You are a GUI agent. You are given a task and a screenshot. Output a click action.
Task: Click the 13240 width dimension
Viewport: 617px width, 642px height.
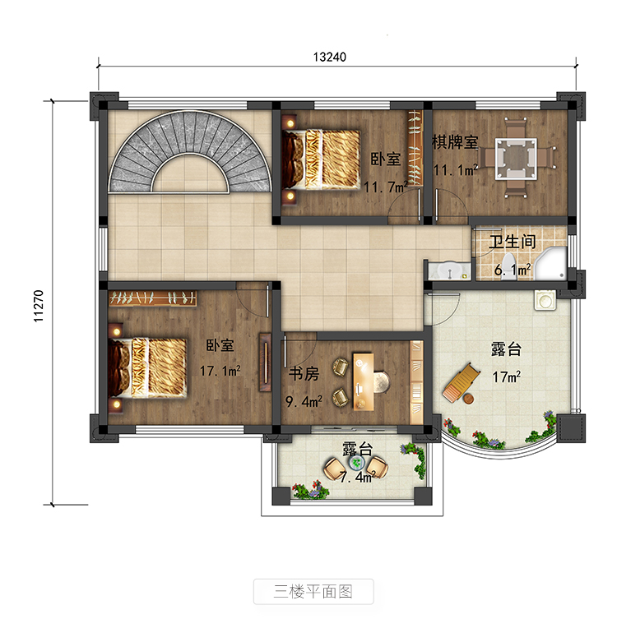click(329, 57)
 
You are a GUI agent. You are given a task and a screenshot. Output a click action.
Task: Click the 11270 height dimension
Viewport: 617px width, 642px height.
click(39, 306)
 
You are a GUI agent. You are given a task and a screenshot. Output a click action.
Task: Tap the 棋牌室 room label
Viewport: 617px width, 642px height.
click(455, 142)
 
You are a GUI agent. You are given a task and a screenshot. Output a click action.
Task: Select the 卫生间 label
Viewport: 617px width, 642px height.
click(513, 242)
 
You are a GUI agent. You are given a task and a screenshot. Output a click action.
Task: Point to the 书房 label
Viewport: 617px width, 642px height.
click(304, 374)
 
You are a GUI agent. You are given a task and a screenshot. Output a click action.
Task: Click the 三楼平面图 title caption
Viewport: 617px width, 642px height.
click(313, 592)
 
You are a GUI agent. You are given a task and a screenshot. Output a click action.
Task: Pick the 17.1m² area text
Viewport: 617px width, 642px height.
click(220, 371)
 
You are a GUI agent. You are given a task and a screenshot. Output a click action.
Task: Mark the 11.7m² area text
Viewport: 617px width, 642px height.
click(386, 187)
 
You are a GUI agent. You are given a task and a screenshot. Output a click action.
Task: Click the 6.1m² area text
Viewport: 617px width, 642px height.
click(513, 270)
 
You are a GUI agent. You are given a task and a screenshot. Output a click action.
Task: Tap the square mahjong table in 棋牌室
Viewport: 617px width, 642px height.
click(516, 159)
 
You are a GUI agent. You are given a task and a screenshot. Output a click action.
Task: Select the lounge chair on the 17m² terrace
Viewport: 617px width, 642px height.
click(462, 382)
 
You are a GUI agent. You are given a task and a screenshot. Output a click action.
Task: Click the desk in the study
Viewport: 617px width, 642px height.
click(364, 381)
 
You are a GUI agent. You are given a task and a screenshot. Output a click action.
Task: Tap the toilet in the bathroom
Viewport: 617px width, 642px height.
click(508, 267)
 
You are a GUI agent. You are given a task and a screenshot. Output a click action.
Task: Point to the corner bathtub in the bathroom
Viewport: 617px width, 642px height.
click(551, 264)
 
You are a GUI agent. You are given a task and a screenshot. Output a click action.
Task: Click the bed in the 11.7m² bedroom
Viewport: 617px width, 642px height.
click(321, 159)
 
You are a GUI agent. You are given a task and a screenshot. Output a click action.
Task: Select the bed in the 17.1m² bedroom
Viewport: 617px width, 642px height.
click(147, 367)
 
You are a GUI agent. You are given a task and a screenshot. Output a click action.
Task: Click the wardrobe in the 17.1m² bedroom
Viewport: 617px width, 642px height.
click(152, 298)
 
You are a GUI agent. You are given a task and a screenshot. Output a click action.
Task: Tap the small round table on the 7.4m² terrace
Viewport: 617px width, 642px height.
click(356, 463)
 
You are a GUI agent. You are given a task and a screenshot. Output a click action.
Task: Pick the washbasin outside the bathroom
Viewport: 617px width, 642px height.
click(450, 271)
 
